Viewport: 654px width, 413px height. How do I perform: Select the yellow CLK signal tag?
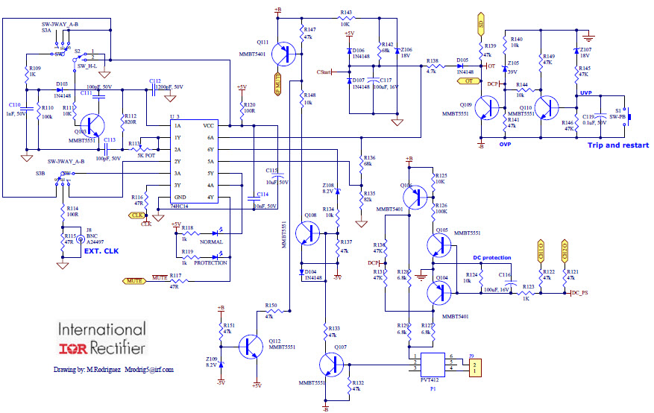tap(137, 215)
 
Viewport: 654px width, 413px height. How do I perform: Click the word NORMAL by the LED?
tap(212, 242)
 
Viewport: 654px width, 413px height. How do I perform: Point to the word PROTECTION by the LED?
tap(211, 262)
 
